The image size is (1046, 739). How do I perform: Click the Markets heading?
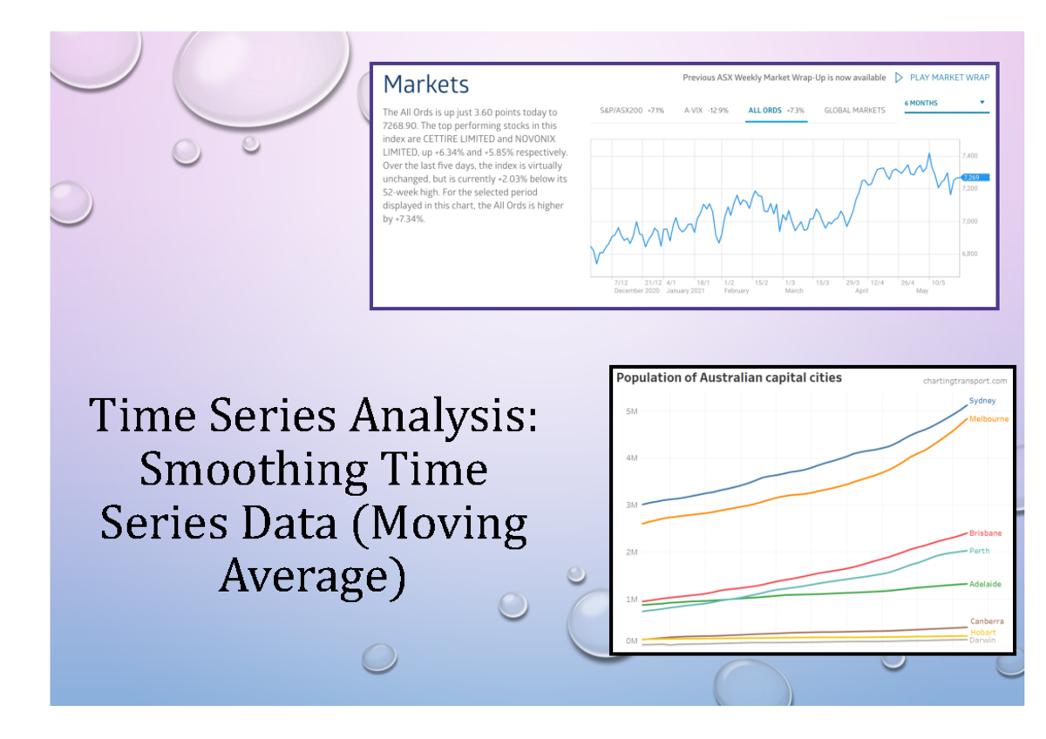point(426,85)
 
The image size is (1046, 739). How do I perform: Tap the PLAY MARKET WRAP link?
point(949,78)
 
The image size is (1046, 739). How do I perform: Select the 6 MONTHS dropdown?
point(945,103)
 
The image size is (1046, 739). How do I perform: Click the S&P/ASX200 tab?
point(631,111)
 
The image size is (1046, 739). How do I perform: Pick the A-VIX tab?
point(705,111)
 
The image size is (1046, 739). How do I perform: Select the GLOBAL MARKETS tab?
point(854,111)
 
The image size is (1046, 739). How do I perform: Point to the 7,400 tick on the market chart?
point(968,155)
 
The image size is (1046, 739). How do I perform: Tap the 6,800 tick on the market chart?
point(968,254)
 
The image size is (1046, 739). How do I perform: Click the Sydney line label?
point(982,401)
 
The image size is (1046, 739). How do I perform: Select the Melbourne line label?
point(988,419)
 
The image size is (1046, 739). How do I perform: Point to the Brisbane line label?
point(985,532)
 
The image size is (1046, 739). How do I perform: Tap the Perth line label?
point(980,551)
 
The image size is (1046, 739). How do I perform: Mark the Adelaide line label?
point(985,584)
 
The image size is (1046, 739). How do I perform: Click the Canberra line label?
point(986,620)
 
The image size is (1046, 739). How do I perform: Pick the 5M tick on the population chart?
point(630,410)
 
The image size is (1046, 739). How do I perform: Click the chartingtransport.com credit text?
point(964,381)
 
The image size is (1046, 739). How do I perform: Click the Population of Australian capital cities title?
point(729,378)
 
